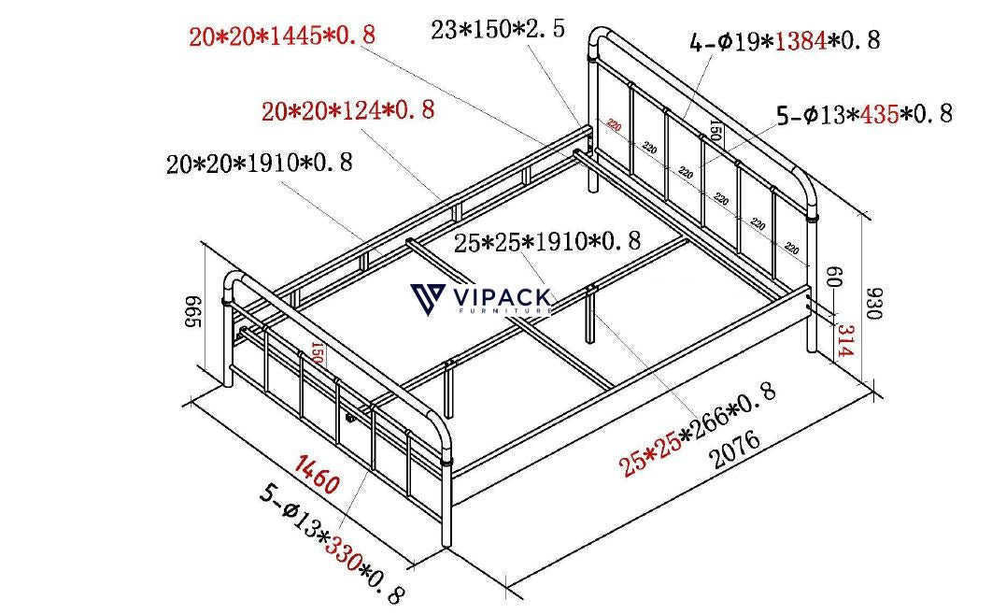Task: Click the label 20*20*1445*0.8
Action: coord(282,36)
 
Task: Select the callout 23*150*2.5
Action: coord(498,29)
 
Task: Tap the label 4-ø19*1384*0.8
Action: coord(785,41)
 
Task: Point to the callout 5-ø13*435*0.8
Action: coord(864,114)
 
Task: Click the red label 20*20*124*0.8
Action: coord(347,110)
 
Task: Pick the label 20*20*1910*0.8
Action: coord(260,164)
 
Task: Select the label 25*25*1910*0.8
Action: coord(546,242)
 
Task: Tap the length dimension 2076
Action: coord(735,450)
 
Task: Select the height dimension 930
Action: coord(873,303)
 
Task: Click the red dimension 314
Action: coord(845,342)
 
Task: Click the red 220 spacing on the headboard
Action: coord(613,124)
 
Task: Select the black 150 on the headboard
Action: coord(715,130)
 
